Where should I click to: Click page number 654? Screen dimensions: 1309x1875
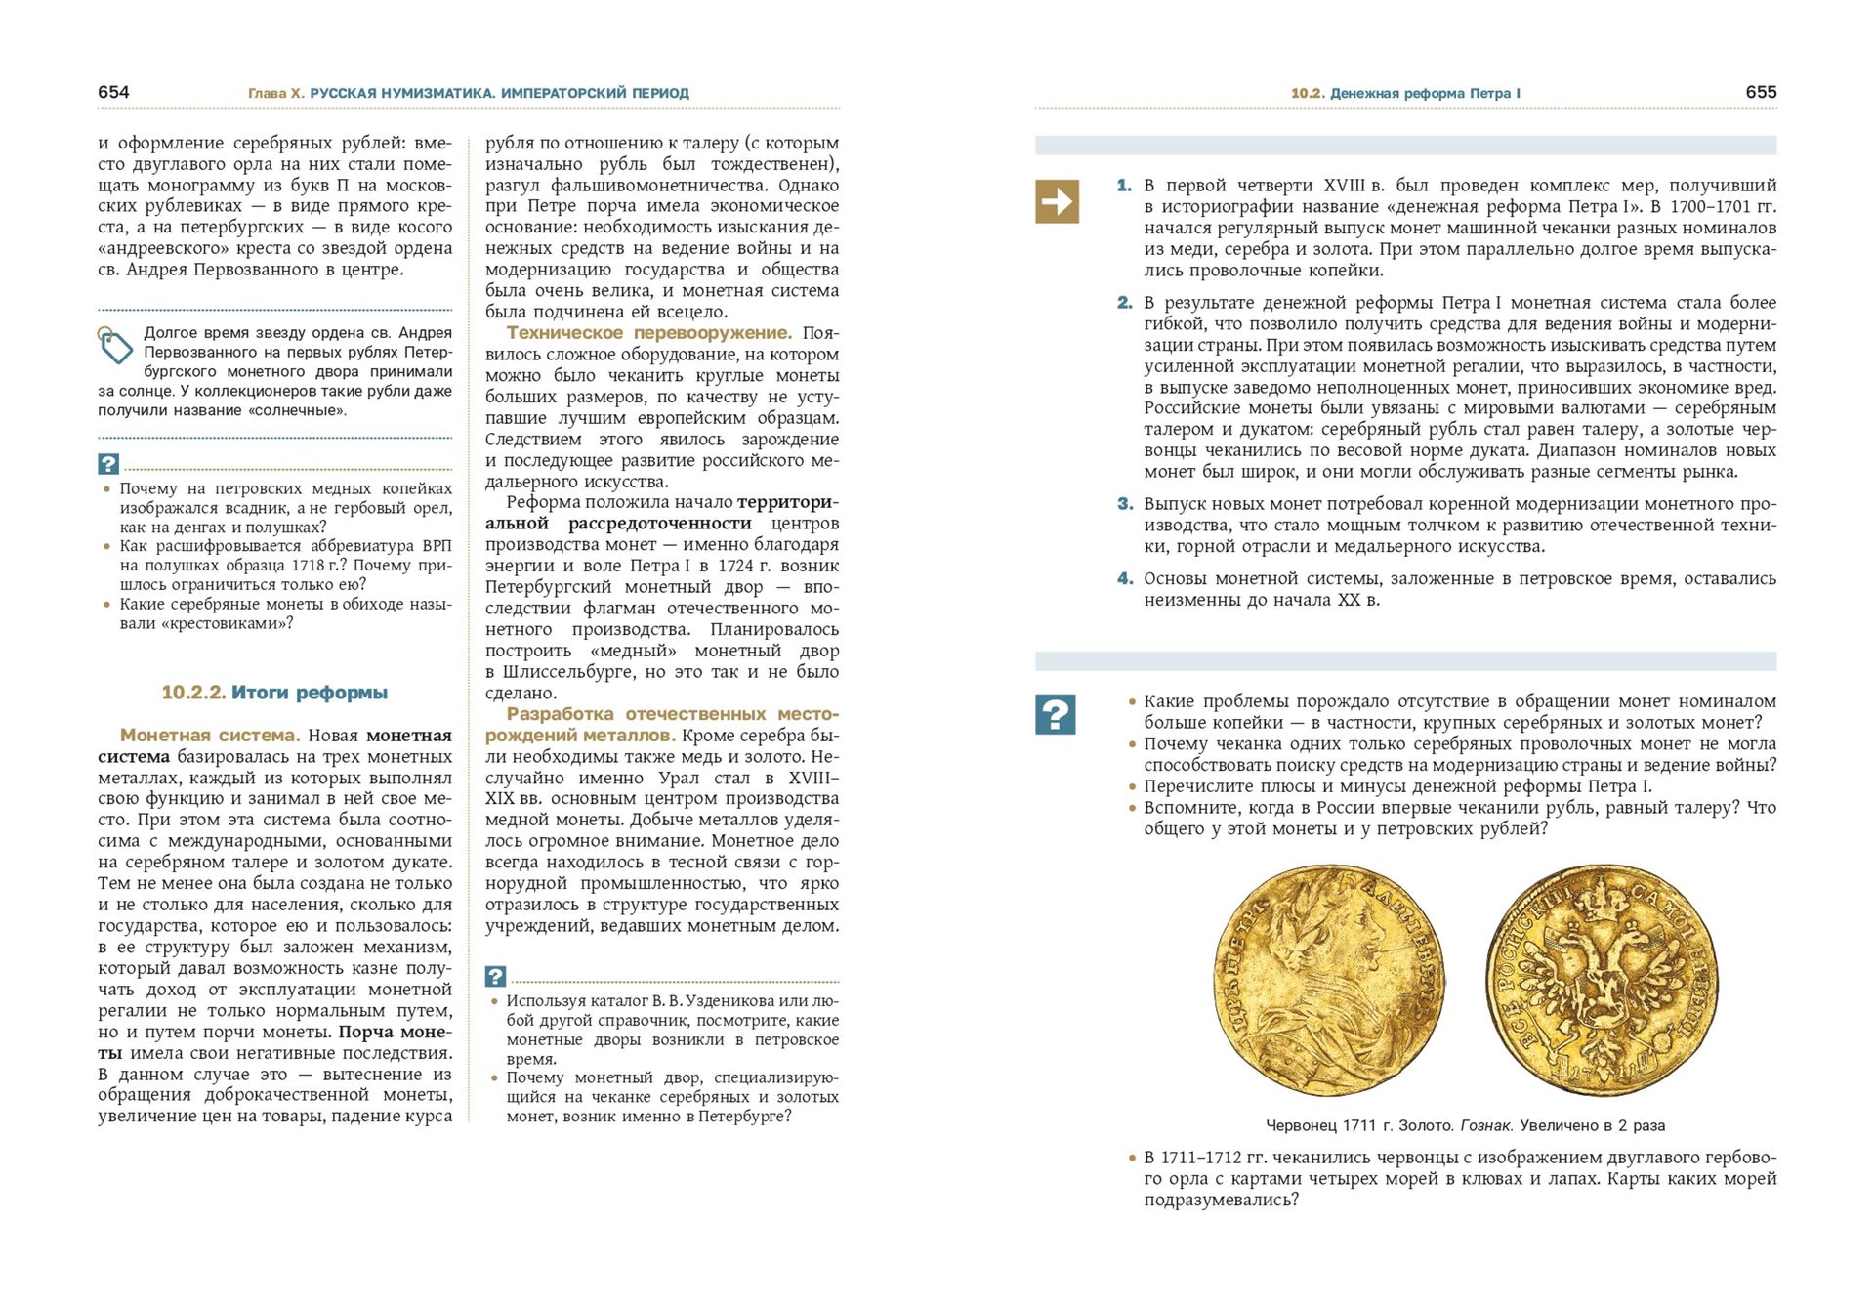(113, 92)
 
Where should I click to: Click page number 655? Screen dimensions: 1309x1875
(1761, 92)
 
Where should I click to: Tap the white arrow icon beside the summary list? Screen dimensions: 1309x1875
(1057, 201)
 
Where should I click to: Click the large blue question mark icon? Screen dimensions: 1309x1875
(1056, 714)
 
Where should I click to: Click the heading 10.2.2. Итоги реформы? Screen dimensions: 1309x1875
(274, 693)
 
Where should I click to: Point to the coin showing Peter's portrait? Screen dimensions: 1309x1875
(1329, 980)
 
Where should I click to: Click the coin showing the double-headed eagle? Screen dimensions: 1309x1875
(1602, 980)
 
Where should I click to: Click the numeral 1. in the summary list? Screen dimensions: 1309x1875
(1124, 185)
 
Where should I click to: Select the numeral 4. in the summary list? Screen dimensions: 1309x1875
(1125, 578)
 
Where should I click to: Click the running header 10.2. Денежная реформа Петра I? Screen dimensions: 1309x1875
(1405, 93)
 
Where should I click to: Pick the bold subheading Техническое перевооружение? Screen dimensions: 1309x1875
(648, 333)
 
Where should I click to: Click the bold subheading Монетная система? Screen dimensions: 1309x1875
(210, 736)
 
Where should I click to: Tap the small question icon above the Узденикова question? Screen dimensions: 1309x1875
(495, 976)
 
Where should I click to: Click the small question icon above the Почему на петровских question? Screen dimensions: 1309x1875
(107, 464)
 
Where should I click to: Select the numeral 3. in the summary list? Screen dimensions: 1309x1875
(1125, 504)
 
